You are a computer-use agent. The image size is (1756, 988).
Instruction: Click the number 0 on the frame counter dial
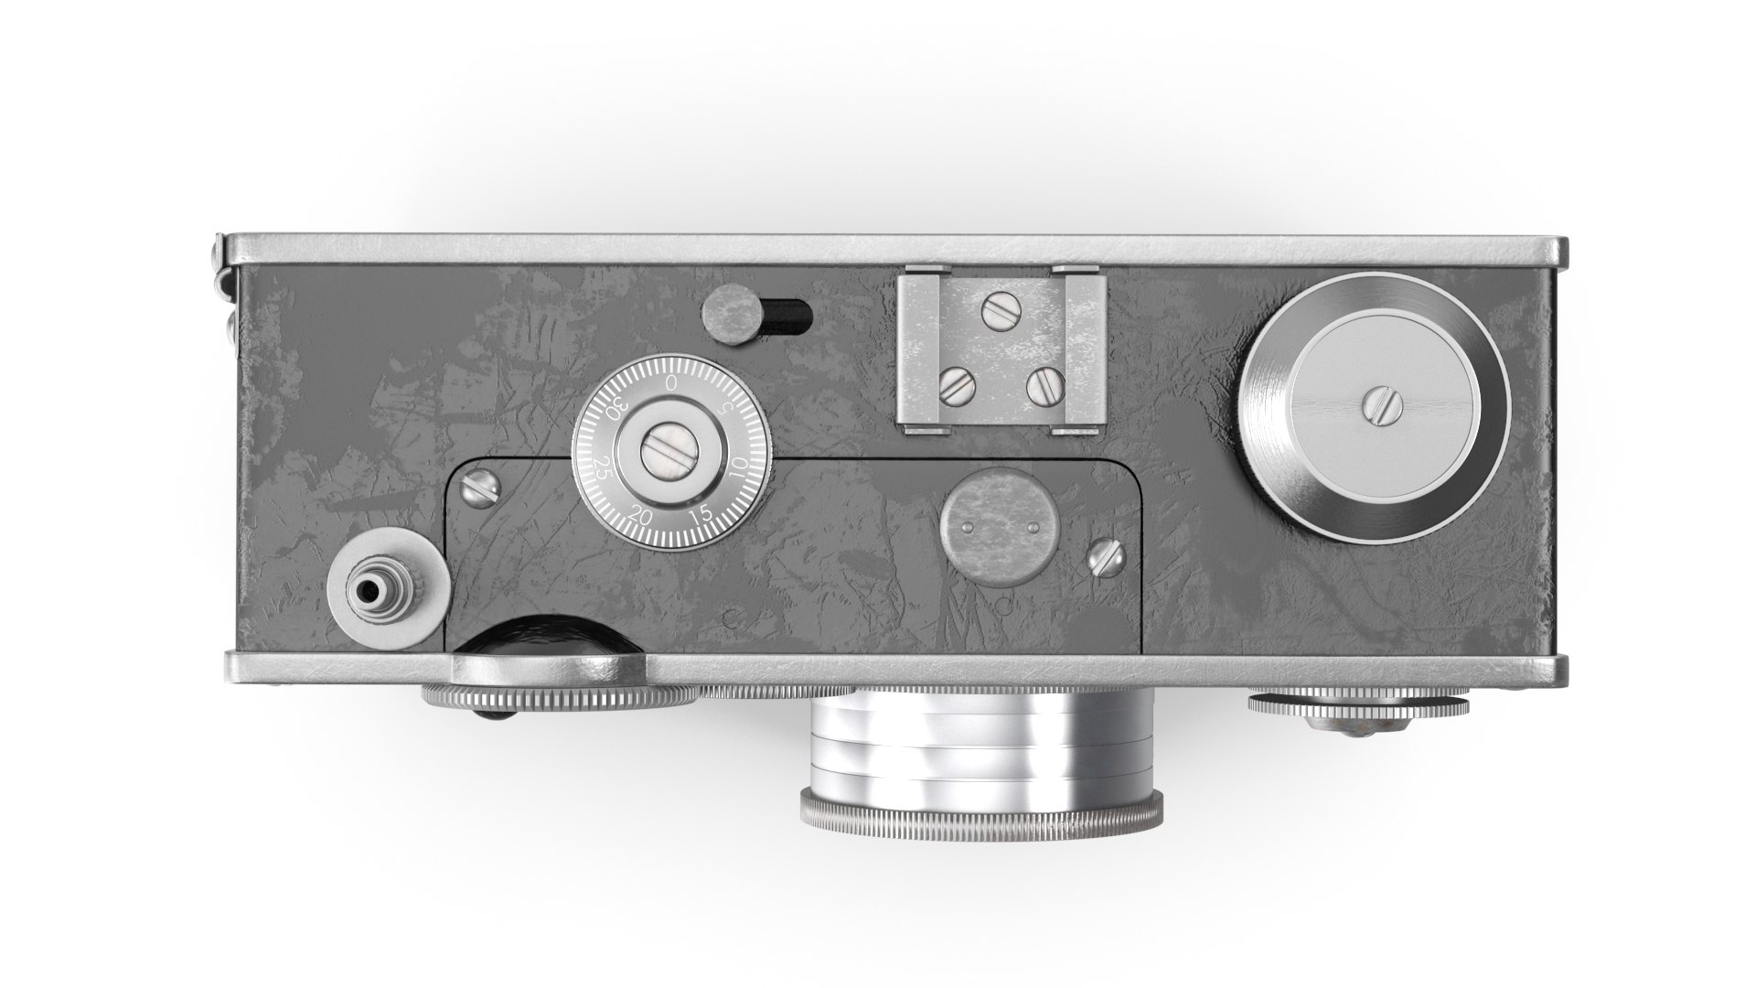(x=672, y=381)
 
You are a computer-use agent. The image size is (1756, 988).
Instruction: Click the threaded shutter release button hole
(x=369, y=592)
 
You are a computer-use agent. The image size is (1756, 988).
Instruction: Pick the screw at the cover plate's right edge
(x=1105, y=558)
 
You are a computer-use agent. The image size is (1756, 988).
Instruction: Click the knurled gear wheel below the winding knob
(x=1357, y=704)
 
